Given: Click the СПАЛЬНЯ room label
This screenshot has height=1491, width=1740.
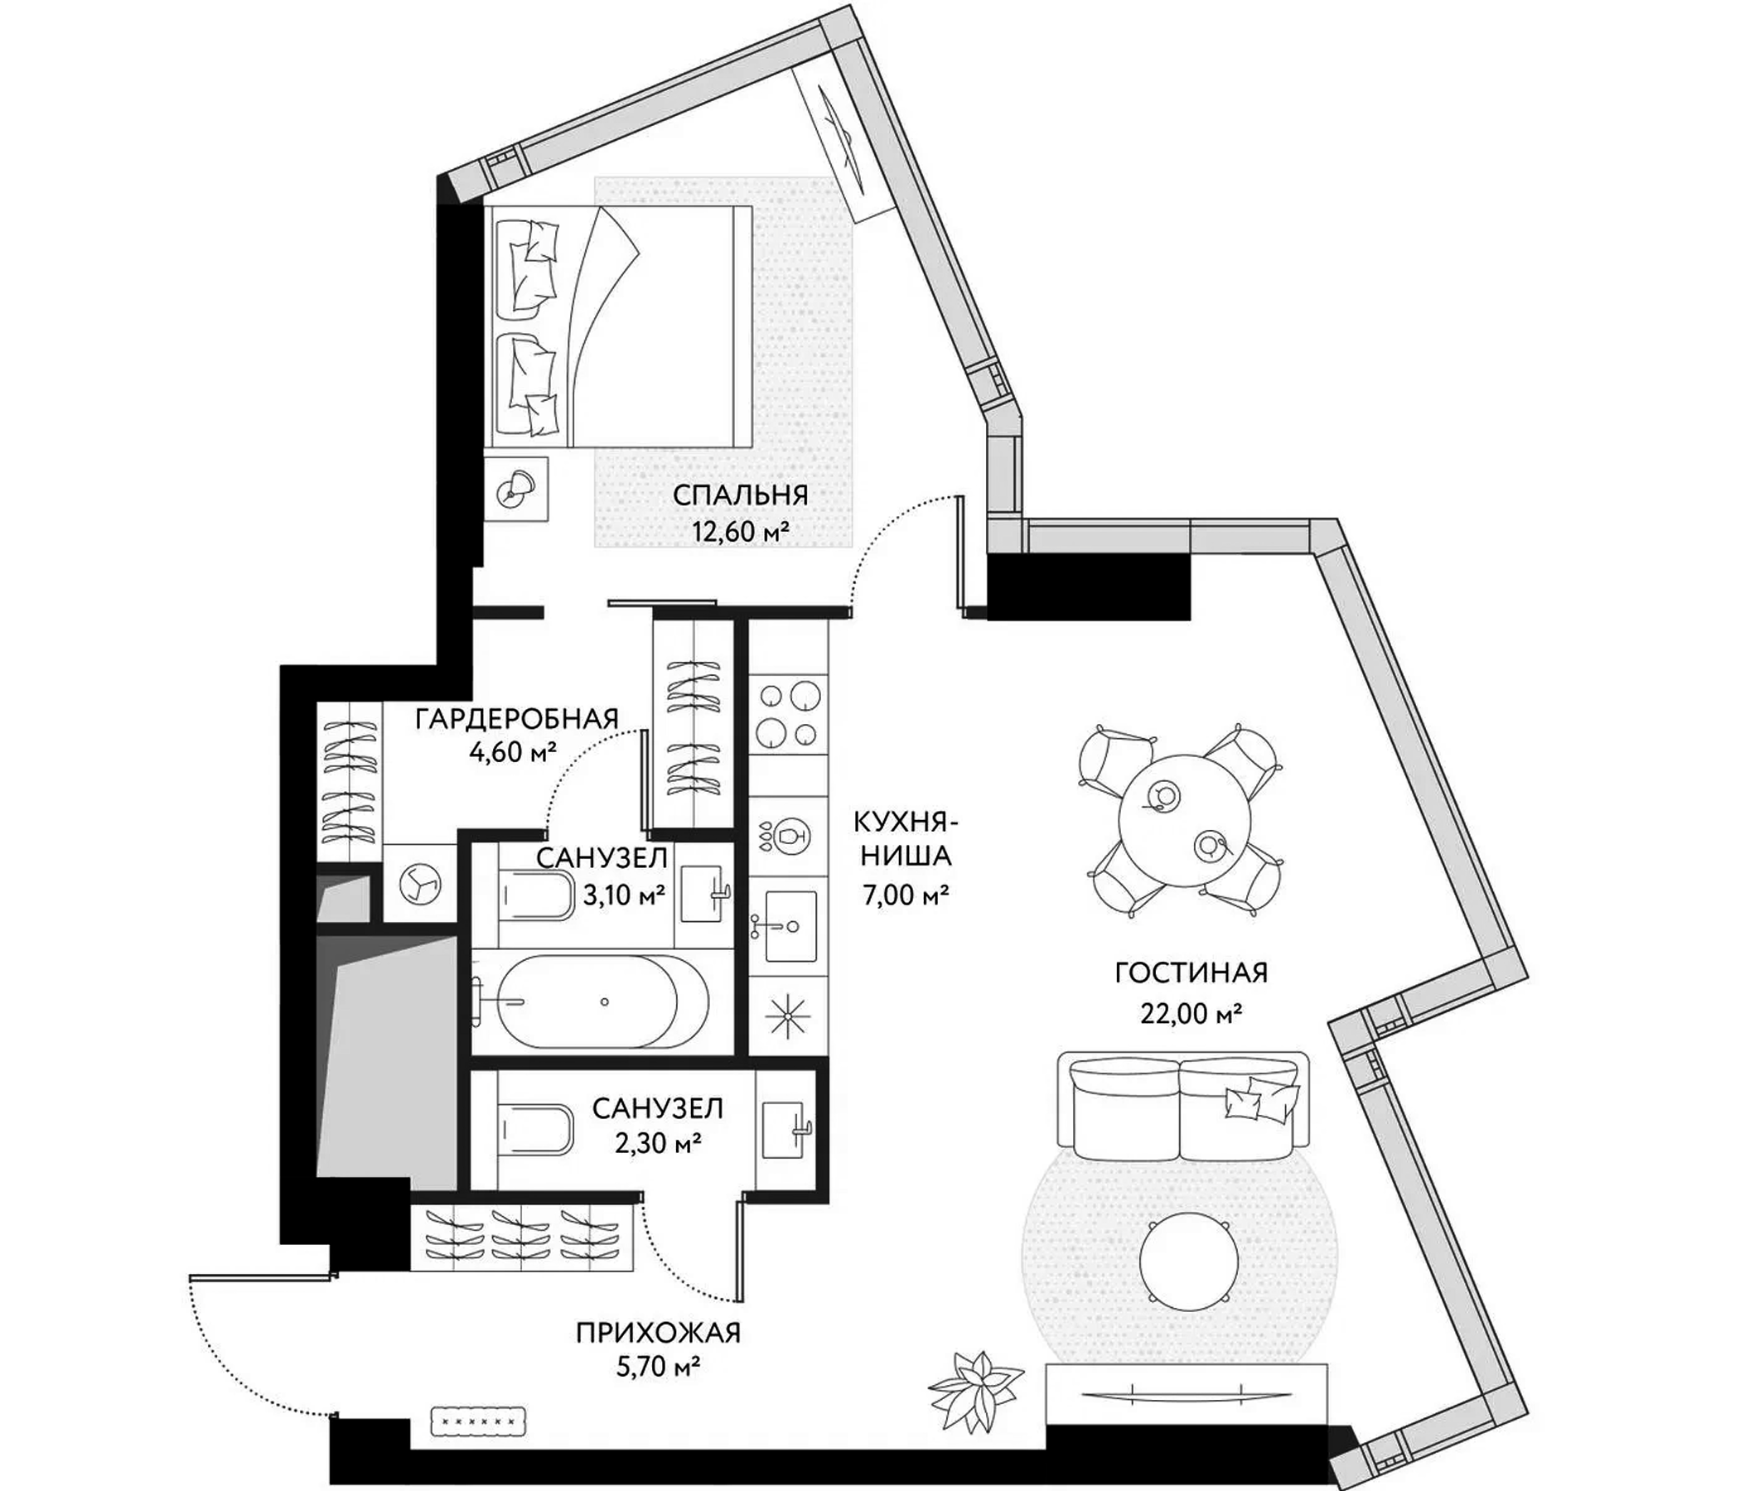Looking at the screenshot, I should [740, 495].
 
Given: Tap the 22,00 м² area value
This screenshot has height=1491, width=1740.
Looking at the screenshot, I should [1191, 1014].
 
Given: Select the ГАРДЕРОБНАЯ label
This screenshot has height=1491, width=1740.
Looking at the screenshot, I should [517, 719].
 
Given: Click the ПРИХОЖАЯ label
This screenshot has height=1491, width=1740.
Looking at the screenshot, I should [658, 1332].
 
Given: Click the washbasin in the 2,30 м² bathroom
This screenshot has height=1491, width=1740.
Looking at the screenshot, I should [786, 1130].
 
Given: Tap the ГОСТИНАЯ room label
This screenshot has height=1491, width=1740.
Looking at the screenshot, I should [1191, 973].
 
